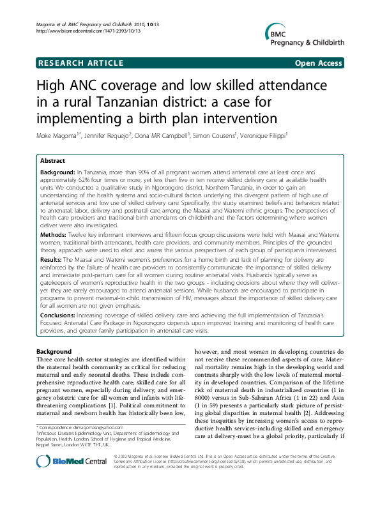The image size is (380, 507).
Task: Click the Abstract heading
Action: click(53, 162)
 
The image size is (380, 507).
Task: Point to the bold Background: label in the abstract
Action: click(57, 173)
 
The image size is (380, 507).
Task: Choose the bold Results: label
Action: click(53, 260)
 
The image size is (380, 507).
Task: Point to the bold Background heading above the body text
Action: click(54, 352)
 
